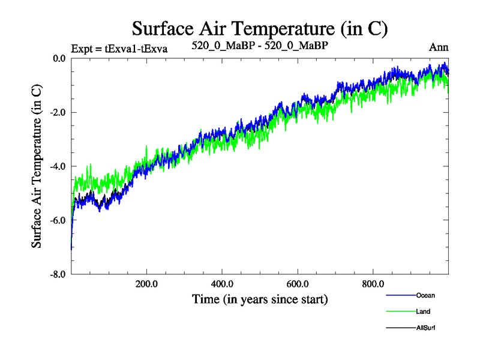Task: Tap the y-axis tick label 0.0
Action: point(58,58)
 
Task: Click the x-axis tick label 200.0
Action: point(146,284)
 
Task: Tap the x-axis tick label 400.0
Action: point(222,284)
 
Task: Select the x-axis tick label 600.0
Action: point(298,284)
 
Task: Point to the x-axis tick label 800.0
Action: point(373,284)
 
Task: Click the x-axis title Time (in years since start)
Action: point(260,298)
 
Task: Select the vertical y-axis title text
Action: point(37,166)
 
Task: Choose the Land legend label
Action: point(423,311)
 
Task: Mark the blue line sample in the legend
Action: point(400,295)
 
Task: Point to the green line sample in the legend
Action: point(400,311)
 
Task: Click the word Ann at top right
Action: point(439,47)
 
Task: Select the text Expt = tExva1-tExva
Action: point(119,47)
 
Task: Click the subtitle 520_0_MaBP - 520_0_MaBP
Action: point(260,45)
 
